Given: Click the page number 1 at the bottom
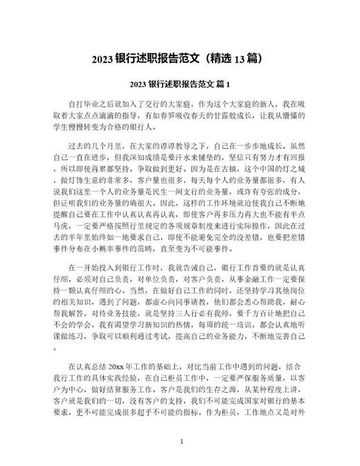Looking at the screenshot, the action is point(181,441).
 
